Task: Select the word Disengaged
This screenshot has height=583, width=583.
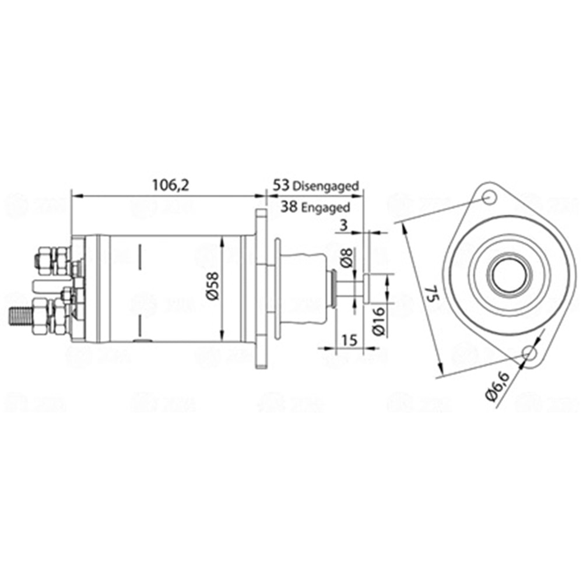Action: click(325, 186)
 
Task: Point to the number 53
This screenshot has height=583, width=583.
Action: click(281, 185)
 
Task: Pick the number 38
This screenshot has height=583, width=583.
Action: click(287, 206)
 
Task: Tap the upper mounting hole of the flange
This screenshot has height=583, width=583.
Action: click(490, 199)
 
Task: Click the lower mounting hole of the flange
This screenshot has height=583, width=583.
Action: click(529, 353)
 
